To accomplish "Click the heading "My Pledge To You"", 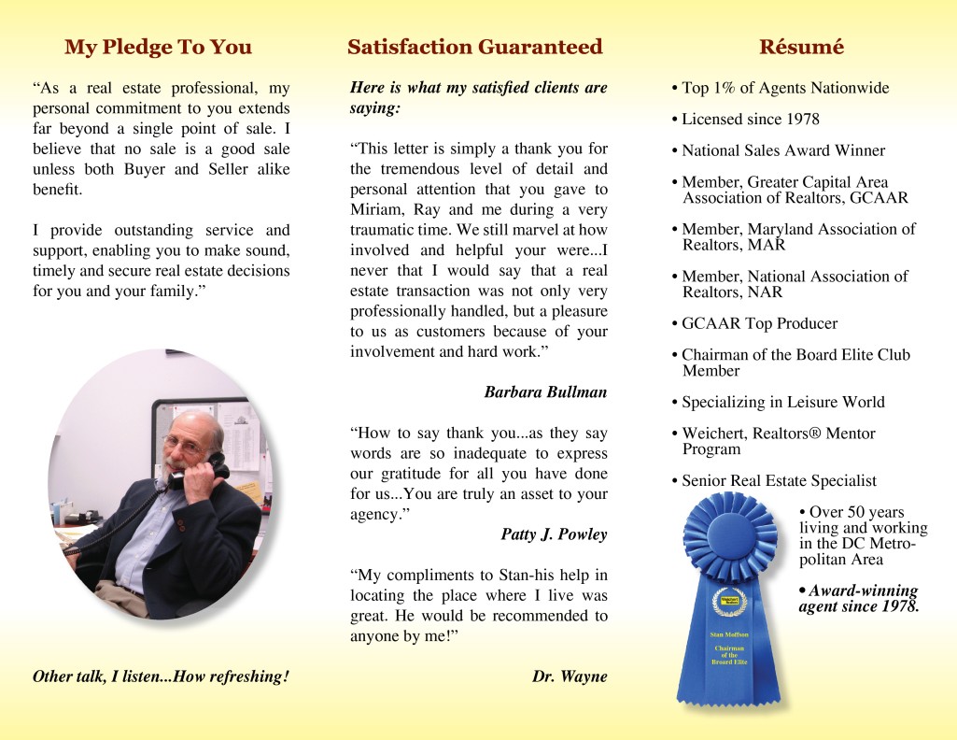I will (158, 47).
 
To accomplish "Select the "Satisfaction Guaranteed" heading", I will (475, 47).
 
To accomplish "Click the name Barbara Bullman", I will (545, 392).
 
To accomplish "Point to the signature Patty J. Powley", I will (554, 534).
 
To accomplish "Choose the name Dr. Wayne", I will (570, 676).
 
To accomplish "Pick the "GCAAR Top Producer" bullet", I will (759, 324).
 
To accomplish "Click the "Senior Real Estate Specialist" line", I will (779, 481).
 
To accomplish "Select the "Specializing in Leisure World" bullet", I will (782, 403).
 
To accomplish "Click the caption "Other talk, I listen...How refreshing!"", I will (161, 676).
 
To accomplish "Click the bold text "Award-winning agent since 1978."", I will (859, 599).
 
